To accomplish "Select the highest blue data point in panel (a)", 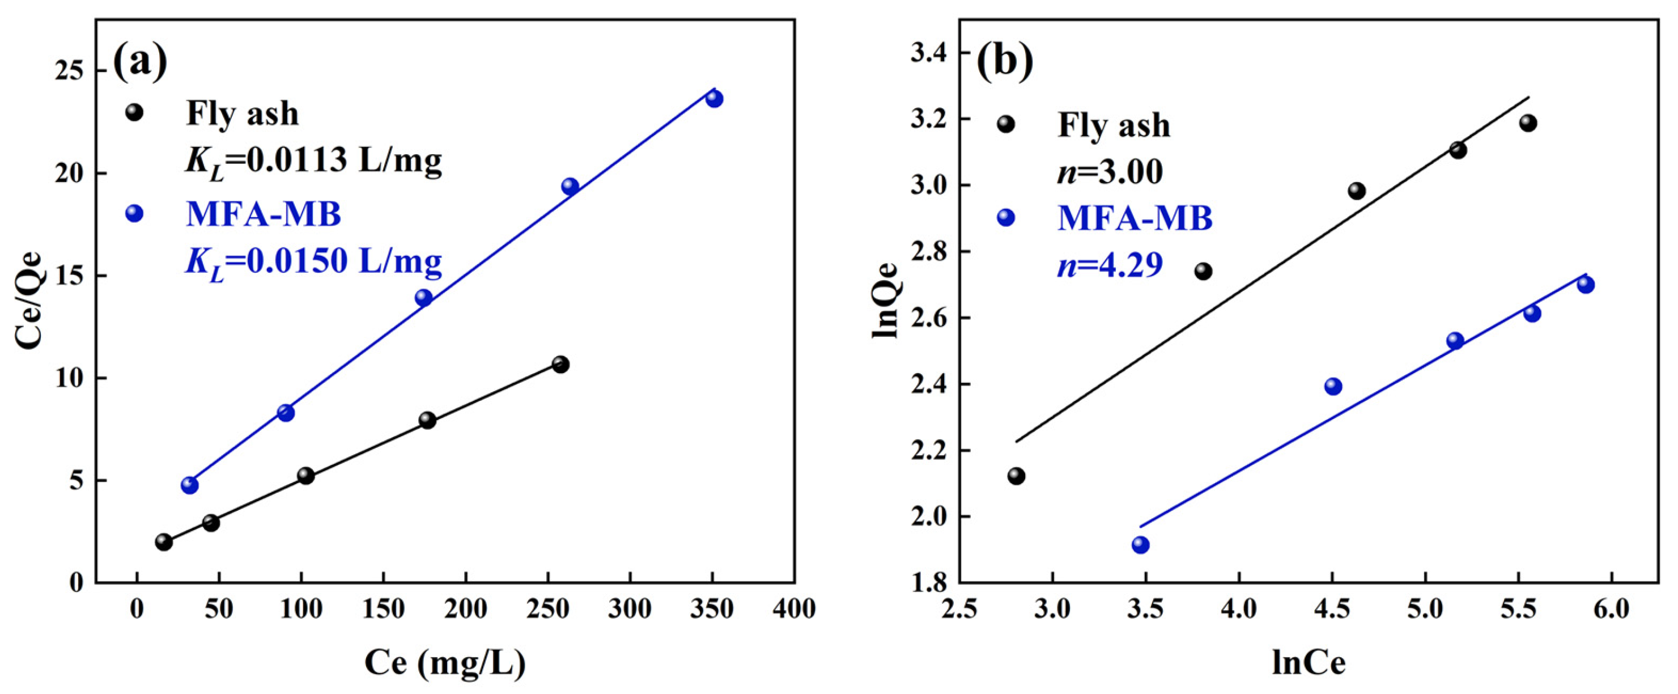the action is [714, 99].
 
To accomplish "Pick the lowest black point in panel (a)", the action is [164, 541].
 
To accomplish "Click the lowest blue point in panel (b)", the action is [1140, 545].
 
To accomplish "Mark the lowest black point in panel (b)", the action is [1016, 476].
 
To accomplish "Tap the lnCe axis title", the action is [1309, 663].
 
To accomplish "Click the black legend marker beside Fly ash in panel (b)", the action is [1006, 124].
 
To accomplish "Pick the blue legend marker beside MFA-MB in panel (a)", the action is [134, 213].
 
